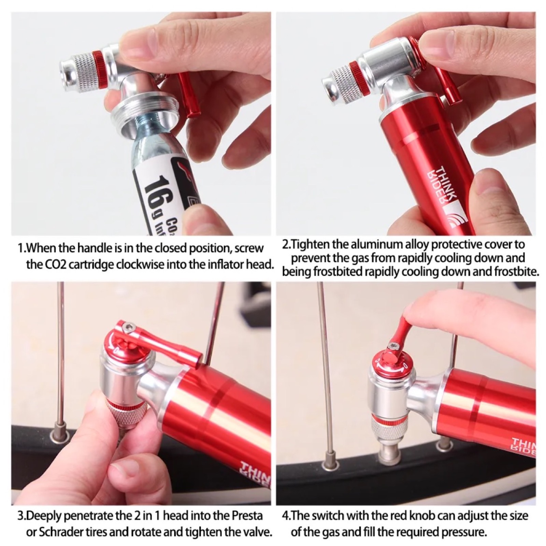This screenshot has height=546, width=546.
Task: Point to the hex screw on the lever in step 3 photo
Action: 128,330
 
